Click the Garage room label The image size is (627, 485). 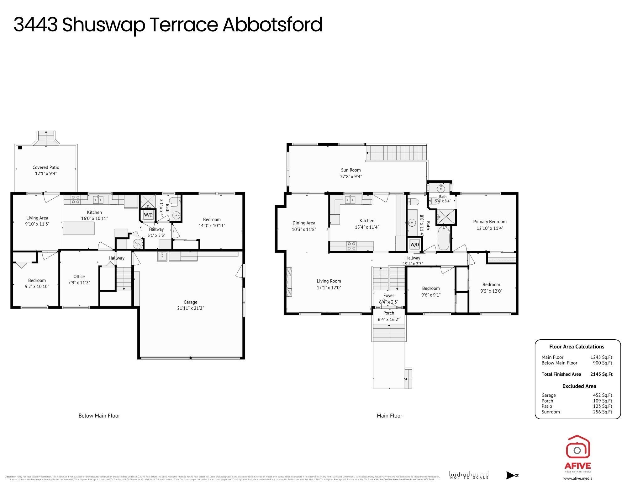[x=190, y=302]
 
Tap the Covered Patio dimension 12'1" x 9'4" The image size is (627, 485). [x=46, y=173]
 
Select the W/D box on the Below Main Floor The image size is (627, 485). [x=148, y=215]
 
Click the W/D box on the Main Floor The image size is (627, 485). [x=414, y=245]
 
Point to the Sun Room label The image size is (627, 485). [x=351, y=170]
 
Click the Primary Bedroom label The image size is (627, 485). [x=490, y=222]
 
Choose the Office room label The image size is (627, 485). [x=79, y=277]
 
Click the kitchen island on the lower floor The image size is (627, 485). [x=79, y=228]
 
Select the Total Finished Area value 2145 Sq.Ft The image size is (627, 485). [x=601, y=374]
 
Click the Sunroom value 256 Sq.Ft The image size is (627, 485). [x=602, y=412]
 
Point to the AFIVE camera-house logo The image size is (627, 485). [x=577, y=448]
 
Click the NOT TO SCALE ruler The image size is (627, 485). [x=469, y=475]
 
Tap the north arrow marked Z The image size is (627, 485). [x=512, y=475]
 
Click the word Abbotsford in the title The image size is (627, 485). [x=272, y=25]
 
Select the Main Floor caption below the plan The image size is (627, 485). [x=389, y=416]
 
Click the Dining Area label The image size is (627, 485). [x=303, y=223]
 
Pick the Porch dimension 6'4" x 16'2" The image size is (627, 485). [x=389, y=320]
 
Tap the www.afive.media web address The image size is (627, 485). [x=577, y=478]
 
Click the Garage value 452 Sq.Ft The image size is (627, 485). [x=602, y=395]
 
